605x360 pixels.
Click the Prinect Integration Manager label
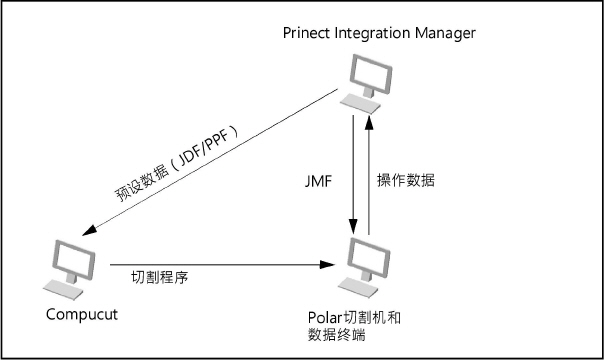pyautogui.click(x=380, y=34)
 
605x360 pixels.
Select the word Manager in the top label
pyautogui.click(x=449, y=34)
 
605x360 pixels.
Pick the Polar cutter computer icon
pyautogui.click(x=363, y=267)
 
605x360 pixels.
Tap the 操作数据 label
pyautogui.click(x=406, y=181)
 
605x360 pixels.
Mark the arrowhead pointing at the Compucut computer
pyautogui.click(x=90, y=233)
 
